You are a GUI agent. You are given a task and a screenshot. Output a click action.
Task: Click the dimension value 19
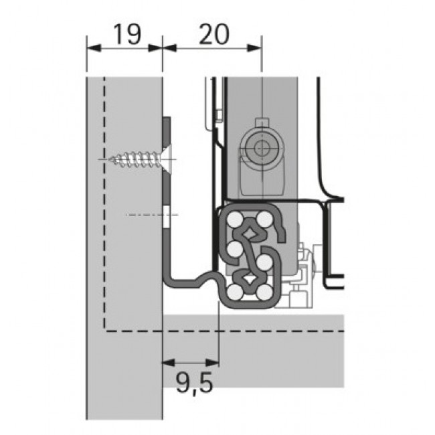125,33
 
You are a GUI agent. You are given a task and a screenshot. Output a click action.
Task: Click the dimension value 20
213,33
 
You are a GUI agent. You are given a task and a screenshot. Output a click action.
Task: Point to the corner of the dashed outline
104,330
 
